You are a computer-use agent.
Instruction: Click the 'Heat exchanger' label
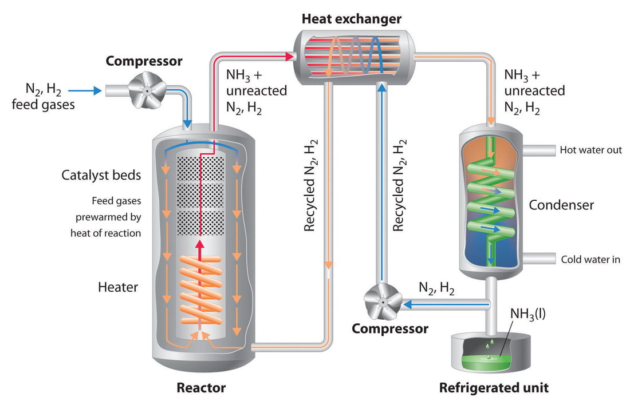(352, 19)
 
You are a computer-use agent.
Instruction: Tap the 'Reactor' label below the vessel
(200, 388)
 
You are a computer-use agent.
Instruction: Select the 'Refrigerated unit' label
(494, 388)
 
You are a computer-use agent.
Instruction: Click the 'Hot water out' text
(591, 150)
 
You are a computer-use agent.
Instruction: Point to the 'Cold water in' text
(590, 259)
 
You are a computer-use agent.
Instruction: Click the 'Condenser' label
(561, 205)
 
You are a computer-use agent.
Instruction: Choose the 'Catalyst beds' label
(101, 175)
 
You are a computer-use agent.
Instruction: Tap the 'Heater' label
(117, 287)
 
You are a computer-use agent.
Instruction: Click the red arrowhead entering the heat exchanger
(289, 55)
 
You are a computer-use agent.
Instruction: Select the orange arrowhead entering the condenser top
(491, 121)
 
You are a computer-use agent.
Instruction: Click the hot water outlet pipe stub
(541, 150)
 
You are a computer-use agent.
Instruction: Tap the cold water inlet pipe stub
(541, 259)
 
